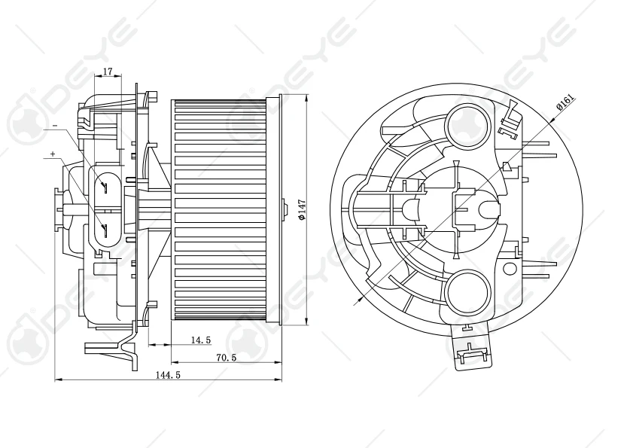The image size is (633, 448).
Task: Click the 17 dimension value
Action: tap(107, 72)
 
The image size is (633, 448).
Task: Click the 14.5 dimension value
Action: tap(200, 340)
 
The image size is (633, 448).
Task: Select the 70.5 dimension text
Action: tap(227, 358)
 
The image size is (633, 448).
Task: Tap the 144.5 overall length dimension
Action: tap(167, 375)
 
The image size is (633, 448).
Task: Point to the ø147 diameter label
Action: tap(301, 209)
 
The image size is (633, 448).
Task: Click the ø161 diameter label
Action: tap(565, 102)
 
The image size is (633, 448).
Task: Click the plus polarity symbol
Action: tap(52, 154)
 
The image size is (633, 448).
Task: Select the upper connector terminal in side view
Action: tap(106, 186)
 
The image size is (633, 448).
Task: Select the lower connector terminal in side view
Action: tap(105, 228)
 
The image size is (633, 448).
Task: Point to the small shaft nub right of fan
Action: tap(285, 209)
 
